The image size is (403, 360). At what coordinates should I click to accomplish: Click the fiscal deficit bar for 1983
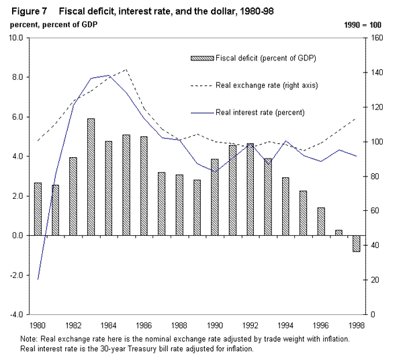(91, 177)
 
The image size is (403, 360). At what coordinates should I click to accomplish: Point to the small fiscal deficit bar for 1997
(339, 232)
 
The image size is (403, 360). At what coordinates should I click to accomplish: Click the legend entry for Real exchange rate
(266, 85)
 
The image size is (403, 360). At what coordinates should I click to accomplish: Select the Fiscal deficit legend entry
(266, 58)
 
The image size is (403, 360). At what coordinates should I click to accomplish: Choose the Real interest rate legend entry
(261, 112)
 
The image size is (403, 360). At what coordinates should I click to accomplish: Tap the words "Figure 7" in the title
(27, 10)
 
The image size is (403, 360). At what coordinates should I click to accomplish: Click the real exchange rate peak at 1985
(126, 69)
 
